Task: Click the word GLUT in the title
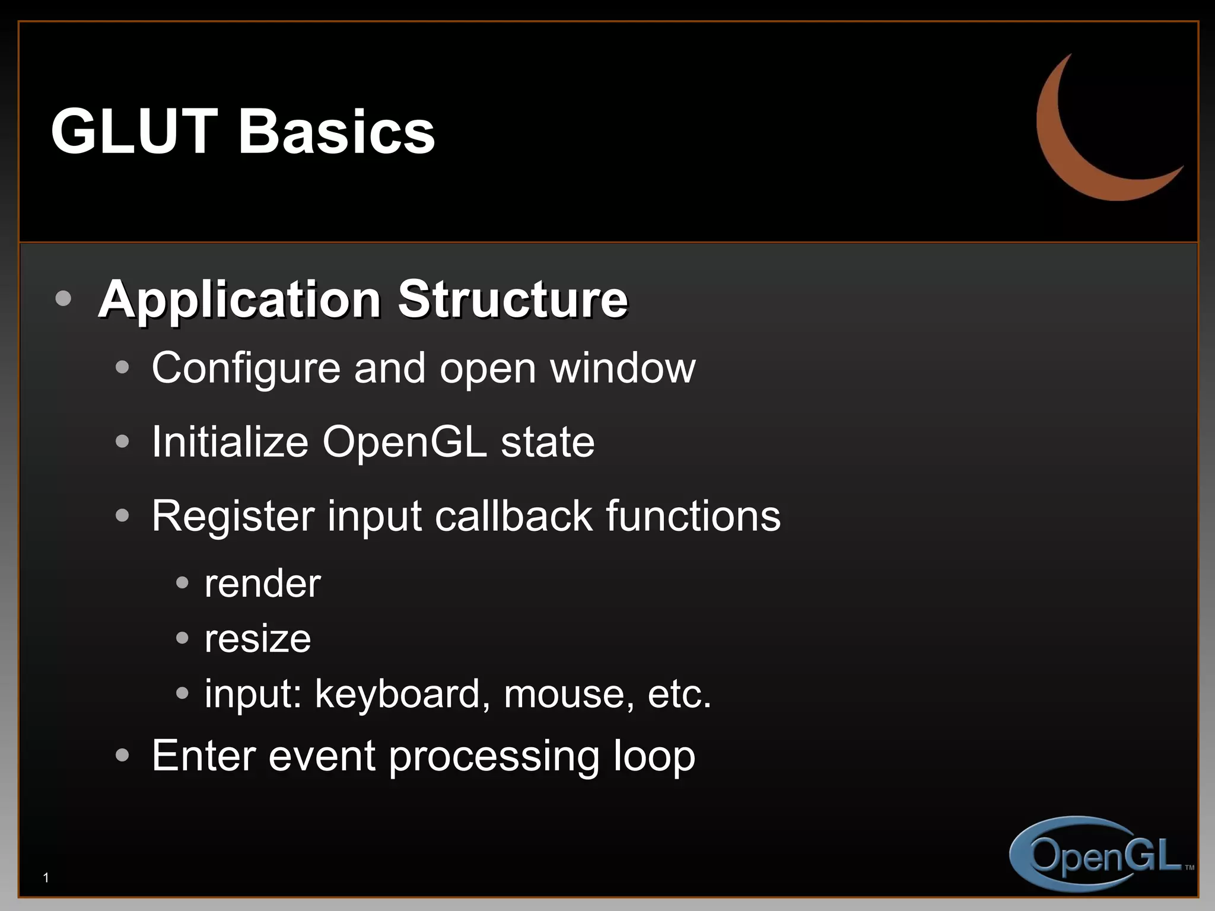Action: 134,132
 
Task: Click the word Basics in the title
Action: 336,132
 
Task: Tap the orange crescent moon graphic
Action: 1062,148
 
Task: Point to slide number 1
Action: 46,877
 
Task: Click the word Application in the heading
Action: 240,300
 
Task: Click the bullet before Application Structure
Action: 63,298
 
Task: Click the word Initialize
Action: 230,442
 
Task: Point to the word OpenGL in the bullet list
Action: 404,442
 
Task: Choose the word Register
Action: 233,516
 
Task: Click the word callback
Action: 513,516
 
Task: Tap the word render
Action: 262,584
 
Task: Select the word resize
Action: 257,639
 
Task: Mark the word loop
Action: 654,757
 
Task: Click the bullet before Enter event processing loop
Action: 122,755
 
